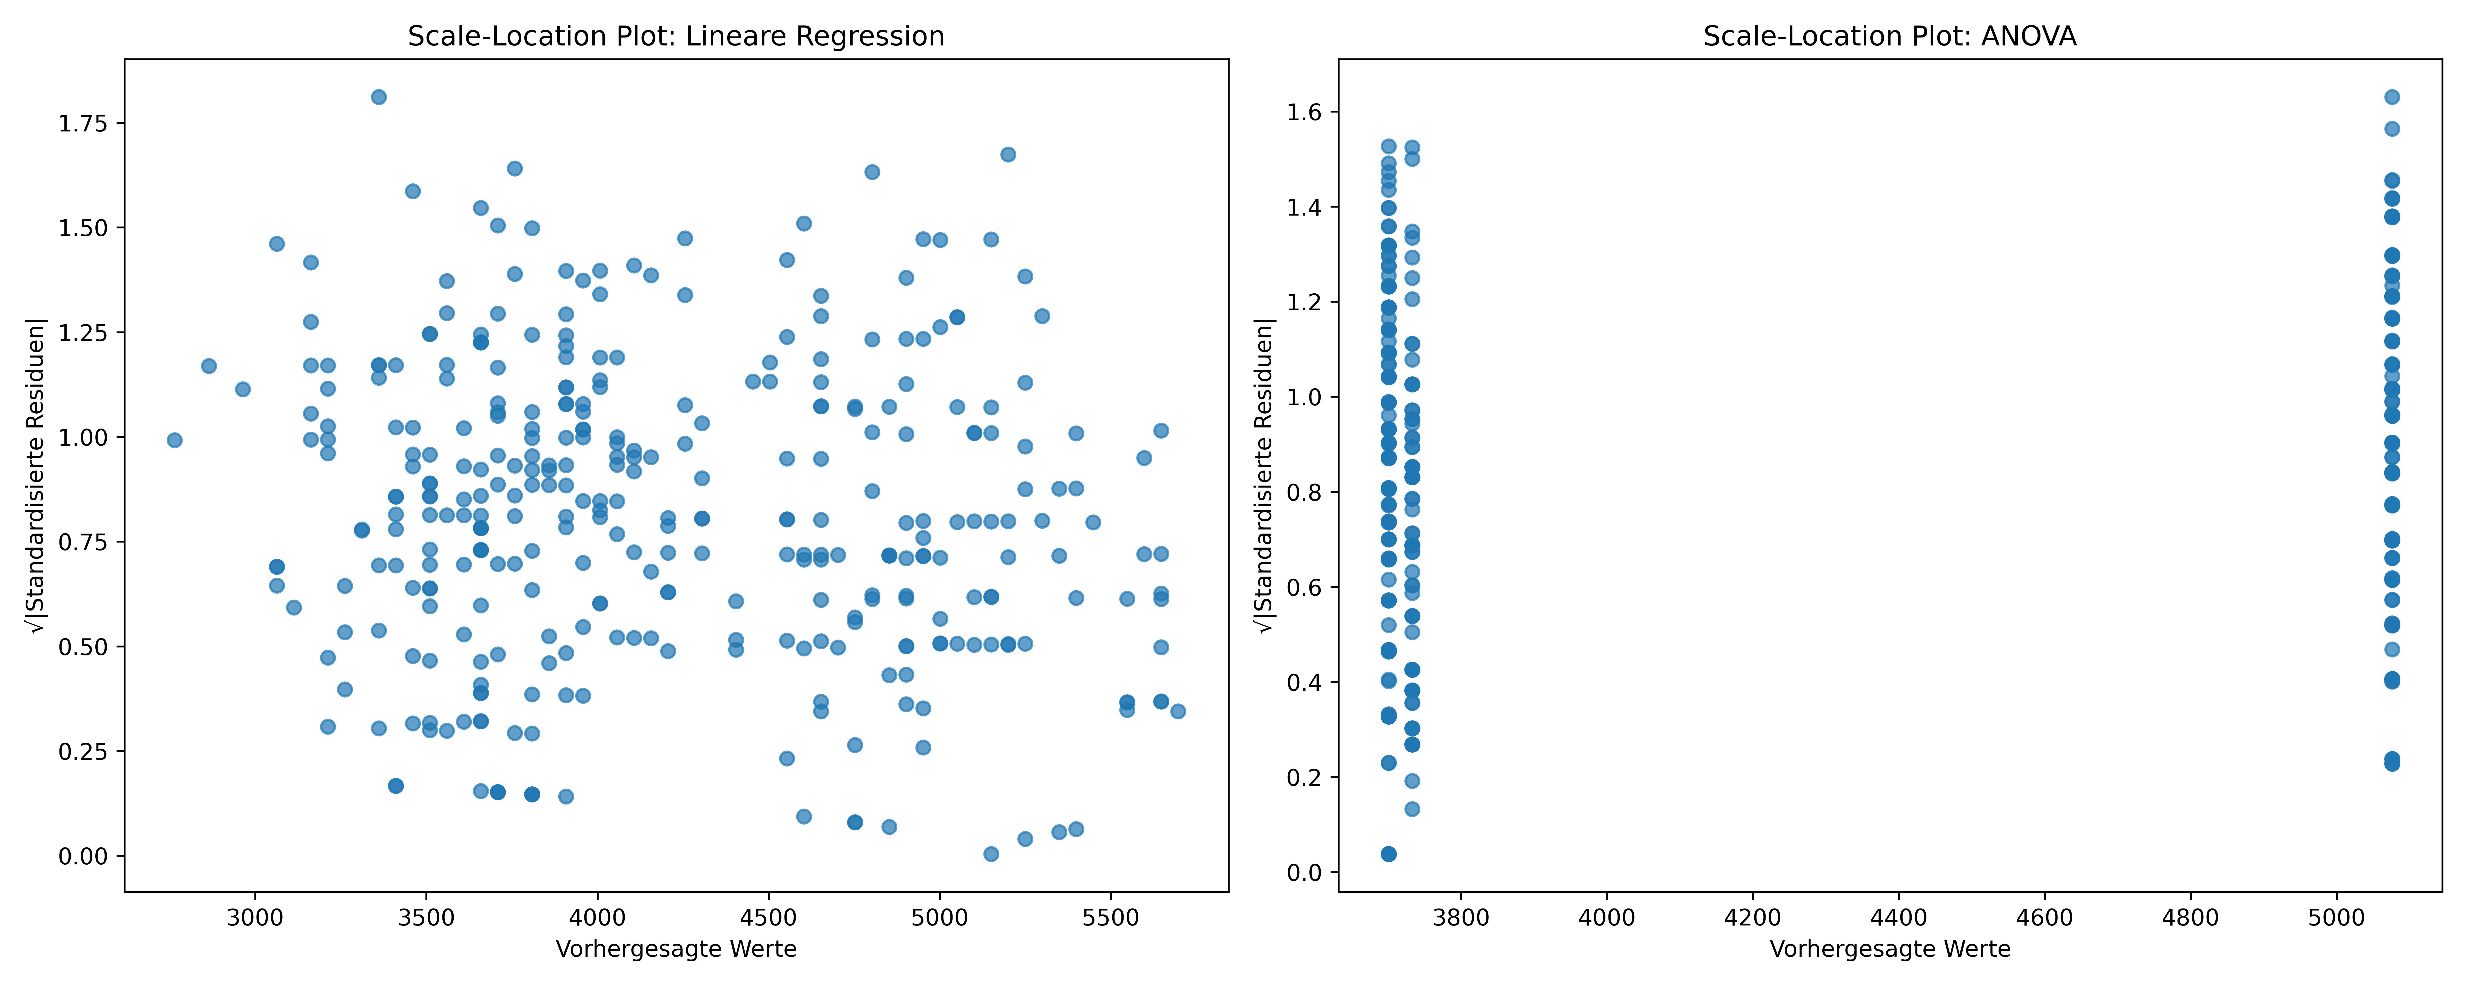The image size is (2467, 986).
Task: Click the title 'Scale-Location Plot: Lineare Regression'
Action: tap(676, 36)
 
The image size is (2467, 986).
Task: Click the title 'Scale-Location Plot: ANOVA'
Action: tap(1889, 36)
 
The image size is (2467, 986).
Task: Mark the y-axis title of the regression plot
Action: tap(36, 476)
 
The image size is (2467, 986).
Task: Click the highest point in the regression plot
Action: tap(378, 97)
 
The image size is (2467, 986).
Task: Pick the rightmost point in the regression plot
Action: tap(1178, 711)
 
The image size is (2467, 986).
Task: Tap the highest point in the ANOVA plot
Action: tap(2391, 97)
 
